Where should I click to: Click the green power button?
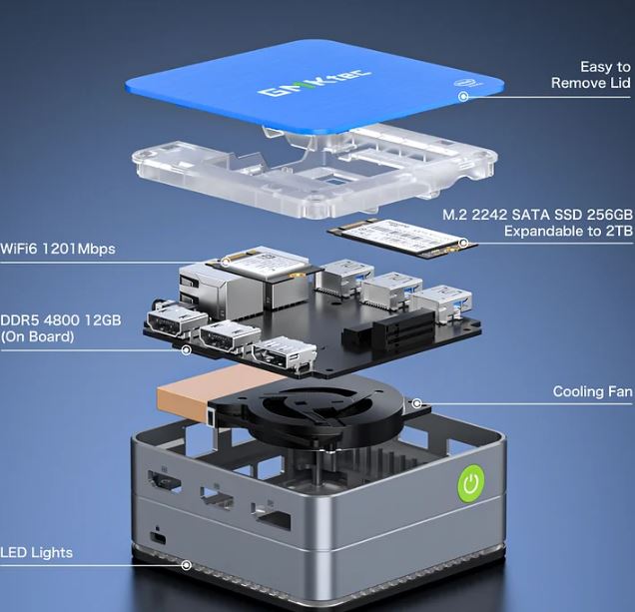471,483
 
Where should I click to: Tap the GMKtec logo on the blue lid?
315,84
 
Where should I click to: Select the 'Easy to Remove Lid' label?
591,75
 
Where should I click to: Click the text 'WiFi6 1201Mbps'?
58,249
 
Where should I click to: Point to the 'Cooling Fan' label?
592,391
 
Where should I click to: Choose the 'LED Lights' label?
37,552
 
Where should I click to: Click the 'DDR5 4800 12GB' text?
61,319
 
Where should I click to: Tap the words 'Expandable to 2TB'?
568,231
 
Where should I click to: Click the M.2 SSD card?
402,239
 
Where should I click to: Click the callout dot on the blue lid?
463,96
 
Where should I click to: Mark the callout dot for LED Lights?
187,565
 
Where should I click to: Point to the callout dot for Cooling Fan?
416,403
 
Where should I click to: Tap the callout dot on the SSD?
463,243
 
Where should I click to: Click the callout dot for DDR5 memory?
187,350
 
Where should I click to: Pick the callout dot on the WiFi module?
227,262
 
